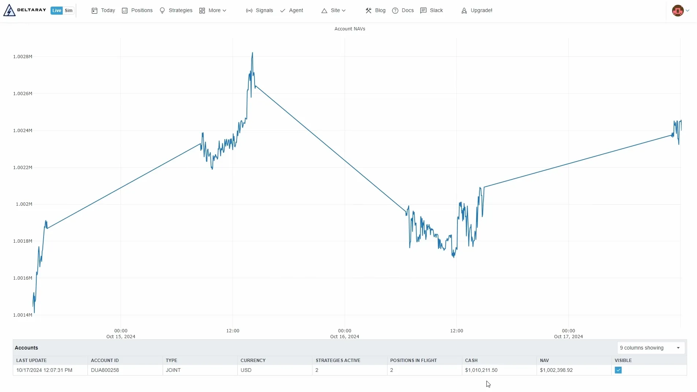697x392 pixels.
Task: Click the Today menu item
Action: (103, 11)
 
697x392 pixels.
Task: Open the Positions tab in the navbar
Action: (137, 11)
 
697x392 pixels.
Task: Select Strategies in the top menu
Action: (176, 11)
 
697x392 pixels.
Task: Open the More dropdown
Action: (213, 11)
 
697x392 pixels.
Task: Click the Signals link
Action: (260, 11)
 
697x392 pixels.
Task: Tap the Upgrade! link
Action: (477, 11)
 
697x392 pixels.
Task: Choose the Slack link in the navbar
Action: (432, 11)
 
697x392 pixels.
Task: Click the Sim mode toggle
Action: (68, 11)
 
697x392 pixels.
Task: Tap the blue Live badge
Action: (56, 11)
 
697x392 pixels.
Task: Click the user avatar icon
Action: (678, 11)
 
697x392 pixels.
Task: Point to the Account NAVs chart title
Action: (349, 29)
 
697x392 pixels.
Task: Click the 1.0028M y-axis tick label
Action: (23, 57)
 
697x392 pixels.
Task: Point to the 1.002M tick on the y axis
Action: (24, 204)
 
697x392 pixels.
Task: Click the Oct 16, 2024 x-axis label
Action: (344, 337)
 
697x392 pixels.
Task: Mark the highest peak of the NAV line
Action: (252, 53)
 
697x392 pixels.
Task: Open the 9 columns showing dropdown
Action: (650, 348)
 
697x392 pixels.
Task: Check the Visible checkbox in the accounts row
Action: (618, 370)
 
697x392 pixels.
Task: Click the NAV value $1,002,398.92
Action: (556, 370)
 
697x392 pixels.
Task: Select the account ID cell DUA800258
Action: (105, 370)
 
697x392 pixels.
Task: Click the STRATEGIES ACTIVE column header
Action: (338, 361)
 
